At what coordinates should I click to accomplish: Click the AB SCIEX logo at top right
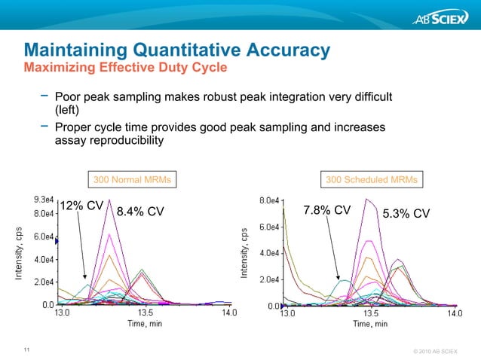point(438,19)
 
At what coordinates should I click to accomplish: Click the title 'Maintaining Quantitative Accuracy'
point(176,50)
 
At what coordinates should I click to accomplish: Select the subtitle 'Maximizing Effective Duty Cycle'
point(125,68)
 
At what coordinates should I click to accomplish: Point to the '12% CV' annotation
point(81,206)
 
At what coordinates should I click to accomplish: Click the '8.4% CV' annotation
point(139,212)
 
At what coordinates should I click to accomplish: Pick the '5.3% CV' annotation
point(406,213)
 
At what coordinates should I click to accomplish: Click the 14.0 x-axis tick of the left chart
point(228,313)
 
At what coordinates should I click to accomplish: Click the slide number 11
point(27,349)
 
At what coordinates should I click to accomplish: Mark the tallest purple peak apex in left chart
point(110,200)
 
